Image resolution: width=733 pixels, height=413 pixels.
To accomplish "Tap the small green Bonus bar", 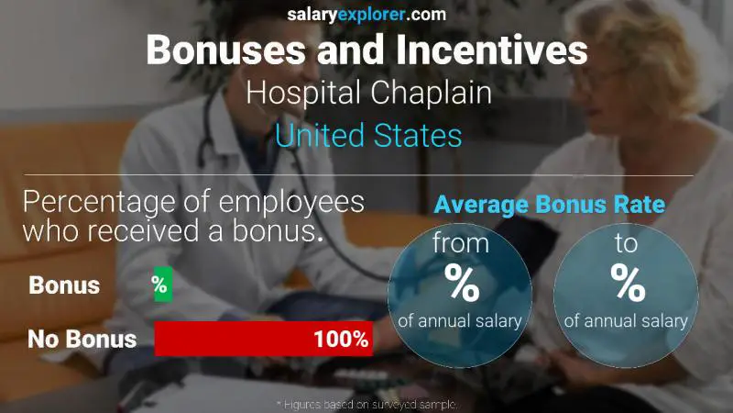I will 162,285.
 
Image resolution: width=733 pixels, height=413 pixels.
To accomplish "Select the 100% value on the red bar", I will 340,340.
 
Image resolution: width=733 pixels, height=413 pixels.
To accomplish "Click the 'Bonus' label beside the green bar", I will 64,285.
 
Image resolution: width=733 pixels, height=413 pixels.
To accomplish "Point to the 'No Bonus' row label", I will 82,340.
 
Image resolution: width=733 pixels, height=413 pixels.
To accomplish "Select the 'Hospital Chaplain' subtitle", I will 367,94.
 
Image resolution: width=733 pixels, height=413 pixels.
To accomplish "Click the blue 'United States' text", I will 367,136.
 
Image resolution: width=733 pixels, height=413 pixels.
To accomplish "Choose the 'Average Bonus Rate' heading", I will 549,206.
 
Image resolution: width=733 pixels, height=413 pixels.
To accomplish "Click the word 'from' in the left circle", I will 460,245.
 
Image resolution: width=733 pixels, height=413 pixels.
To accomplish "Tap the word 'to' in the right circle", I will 626,245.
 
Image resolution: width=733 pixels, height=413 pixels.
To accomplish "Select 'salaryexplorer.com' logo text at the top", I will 366,14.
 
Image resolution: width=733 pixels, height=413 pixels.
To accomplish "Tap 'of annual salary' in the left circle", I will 460,321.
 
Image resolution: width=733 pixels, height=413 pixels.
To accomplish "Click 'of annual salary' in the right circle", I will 626,321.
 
